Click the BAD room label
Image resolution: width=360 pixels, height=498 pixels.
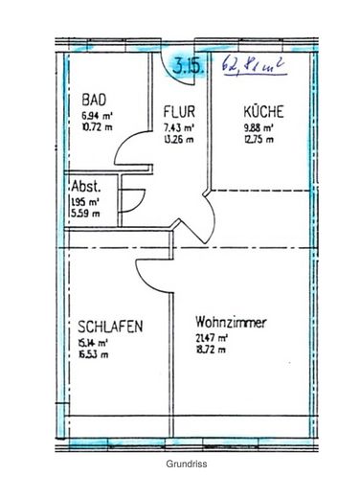coord(94,99)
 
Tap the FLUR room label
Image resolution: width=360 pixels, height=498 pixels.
coord(179,110)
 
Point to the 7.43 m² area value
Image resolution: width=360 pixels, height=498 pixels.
coord(179,126)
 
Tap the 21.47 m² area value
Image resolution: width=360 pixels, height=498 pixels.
coord(212,338)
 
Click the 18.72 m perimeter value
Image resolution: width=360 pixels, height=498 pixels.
coord(212,350)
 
